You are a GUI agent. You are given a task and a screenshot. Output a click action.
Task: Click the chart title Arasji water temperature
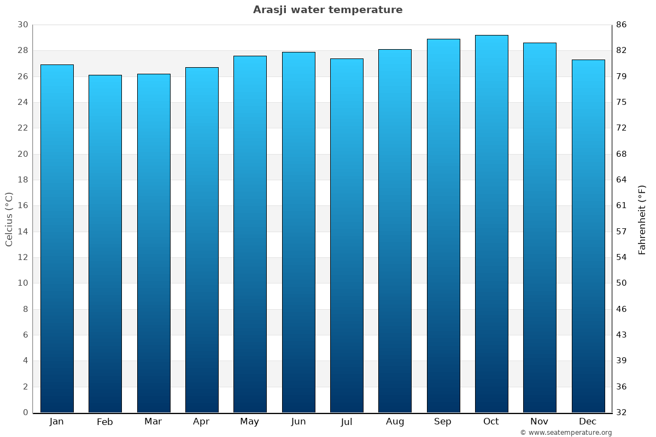coord(327,10)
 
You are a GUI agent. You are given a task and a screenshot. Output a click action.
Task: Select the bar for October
coord(491,224)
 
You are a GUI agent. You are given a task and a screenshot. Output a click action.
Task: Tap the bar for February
coord(105,244)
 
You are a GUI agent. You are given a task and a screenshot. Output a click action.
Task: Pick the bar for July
coord(347,235)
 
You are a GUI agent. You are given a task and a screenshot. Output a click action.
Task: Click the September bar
coord(443,226)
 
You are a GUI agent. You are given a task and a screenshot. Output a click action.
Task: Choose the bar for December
coord(588,236)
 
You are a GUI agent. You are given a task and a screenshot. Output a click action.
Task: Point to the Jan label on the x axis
coord(56,422)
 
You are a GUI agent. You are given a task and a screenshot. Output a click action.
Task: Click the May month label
coord(250,422)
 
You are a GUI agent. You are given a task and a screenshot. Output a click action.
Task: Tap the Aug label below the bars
coord(395,422)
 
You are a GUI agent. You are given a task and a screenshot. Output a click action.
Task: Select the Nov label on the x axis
coord(539,422)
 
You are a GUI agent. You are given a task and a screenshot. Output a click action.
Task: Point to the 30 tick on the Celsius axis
coord(22,25)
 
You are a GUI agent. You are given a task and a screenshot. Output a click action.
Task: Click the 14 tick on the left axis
coord(22,232)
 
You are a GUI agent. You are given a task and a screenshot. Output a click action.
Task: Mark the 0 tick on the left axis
coord(25,412)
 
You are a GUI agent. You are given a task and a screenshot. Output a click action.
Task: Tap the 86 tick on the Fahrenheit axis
coord(622,25)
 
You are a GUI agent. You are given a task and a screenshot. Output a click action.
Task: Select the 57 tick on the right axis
coord(622,232)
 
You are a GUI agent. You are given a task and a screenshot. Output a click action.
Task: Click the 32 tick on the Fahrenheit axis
coord(622,412)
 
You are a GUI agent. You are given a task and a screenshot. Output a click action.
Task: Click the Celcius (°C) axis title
coord(9,219)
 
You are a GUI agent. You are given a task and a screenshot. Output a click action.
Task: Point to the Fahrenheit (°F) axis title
coord(642,219)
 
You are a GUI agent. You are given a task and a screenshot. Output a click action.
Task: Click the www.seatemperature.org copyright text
coord(565,433)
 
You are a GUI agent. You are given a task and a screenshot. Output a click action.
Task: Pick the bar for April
coord(202,240)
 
